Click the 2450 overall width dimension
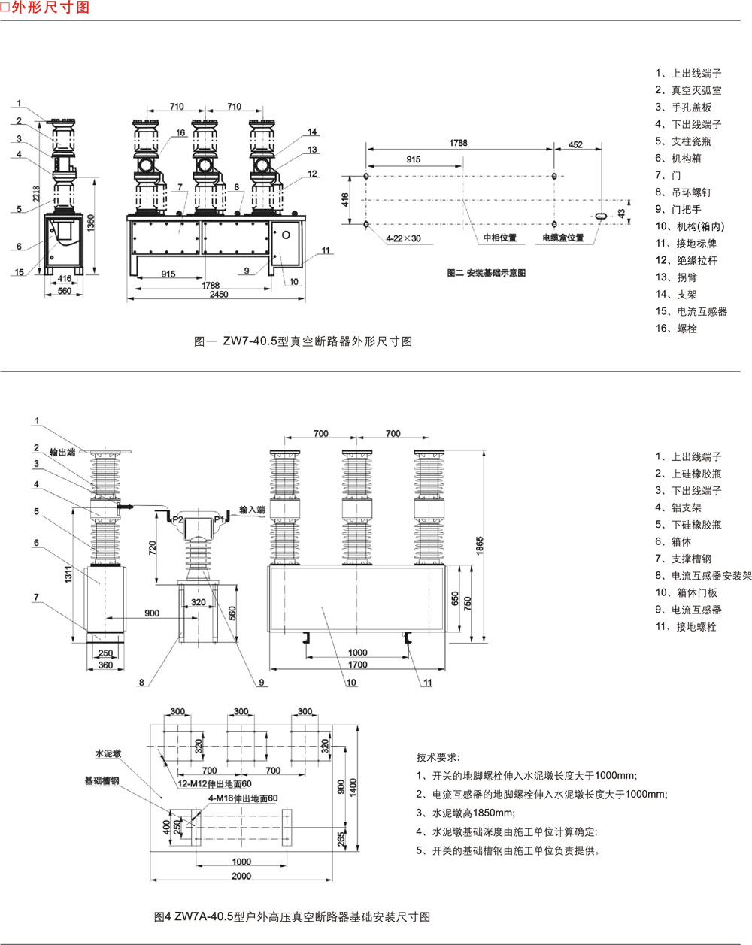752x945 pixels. tap(218, 295)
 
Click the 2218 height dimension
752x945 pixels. tap(36, 192)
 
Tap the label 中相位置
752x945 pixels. tap(499, 238)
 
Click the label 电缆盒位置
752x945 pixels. tap(563, 238)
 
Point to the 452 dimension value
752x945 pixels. tap(575, 144)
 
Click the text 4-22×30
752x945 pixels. tap(404, 238)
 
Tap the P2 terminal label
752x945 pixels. tap(177, 519)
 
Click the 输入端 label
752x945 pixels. tap(252, 510)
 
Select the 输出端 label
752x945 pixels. tap(62, 453)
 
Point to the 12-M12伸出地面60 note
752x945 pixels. tap(215, 784)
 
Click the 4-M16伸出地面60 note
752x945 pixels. tap(243, 798)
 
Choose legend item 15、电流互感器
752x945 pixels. tap(691, 311)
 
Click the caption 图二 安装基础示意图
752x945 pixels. tap(486, 273)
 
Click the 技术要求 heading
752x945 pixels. tap(438, 757)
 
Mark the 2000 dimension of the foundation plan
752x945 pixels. tap(241, 876)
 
